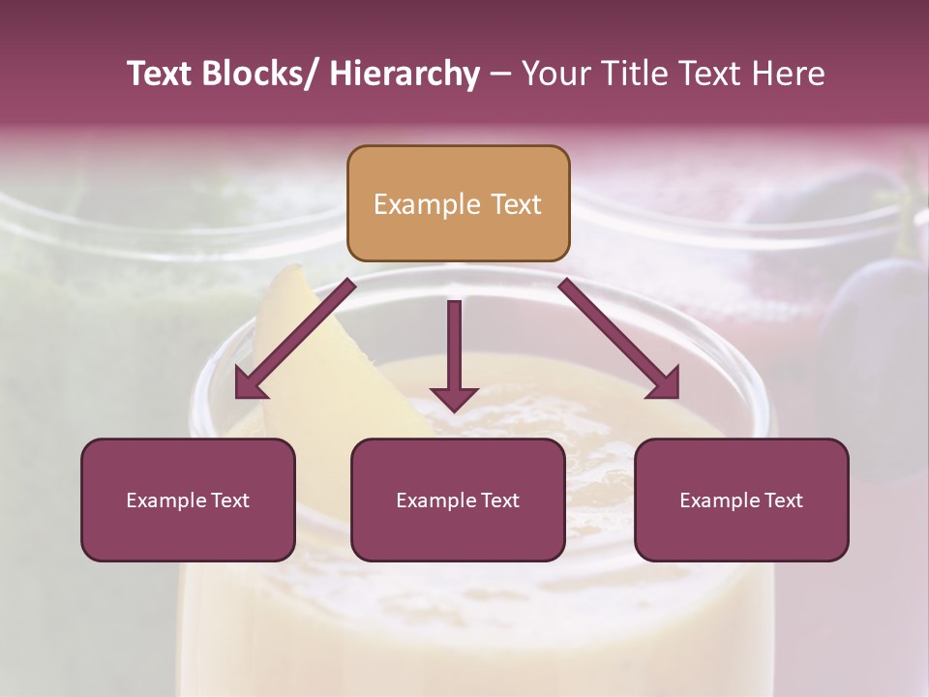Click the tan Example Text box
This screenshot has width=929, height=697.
[458, 203]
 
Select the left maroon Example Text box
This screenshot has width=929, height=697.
[188, 500]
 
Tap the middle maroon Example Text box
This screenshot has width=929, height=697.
[458, 500]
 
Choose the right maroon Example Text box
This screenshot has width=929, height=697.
[741, 500]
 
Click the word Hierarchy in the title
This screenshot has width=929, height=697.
[405, 74]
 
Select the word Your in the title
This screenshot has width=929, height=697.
[555, 74]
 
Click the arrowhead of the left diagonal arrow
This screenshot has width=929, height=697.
[249, 384]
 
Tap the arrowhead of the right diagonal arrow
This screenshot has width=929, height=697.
[664, 384]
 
